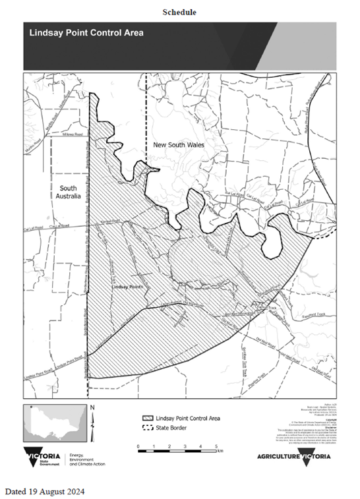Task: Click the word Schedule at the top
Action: (179, 12)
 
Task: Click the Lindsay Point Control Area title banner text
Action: (86, 32)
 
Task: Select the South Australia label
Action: (68, 192)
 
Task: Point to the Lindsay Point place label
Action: (128, 288)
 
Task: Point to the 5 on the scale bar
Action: (217, 446)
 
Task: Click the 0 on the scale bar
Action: (138, 446)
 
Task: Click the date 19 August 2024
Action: (45, 492)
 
